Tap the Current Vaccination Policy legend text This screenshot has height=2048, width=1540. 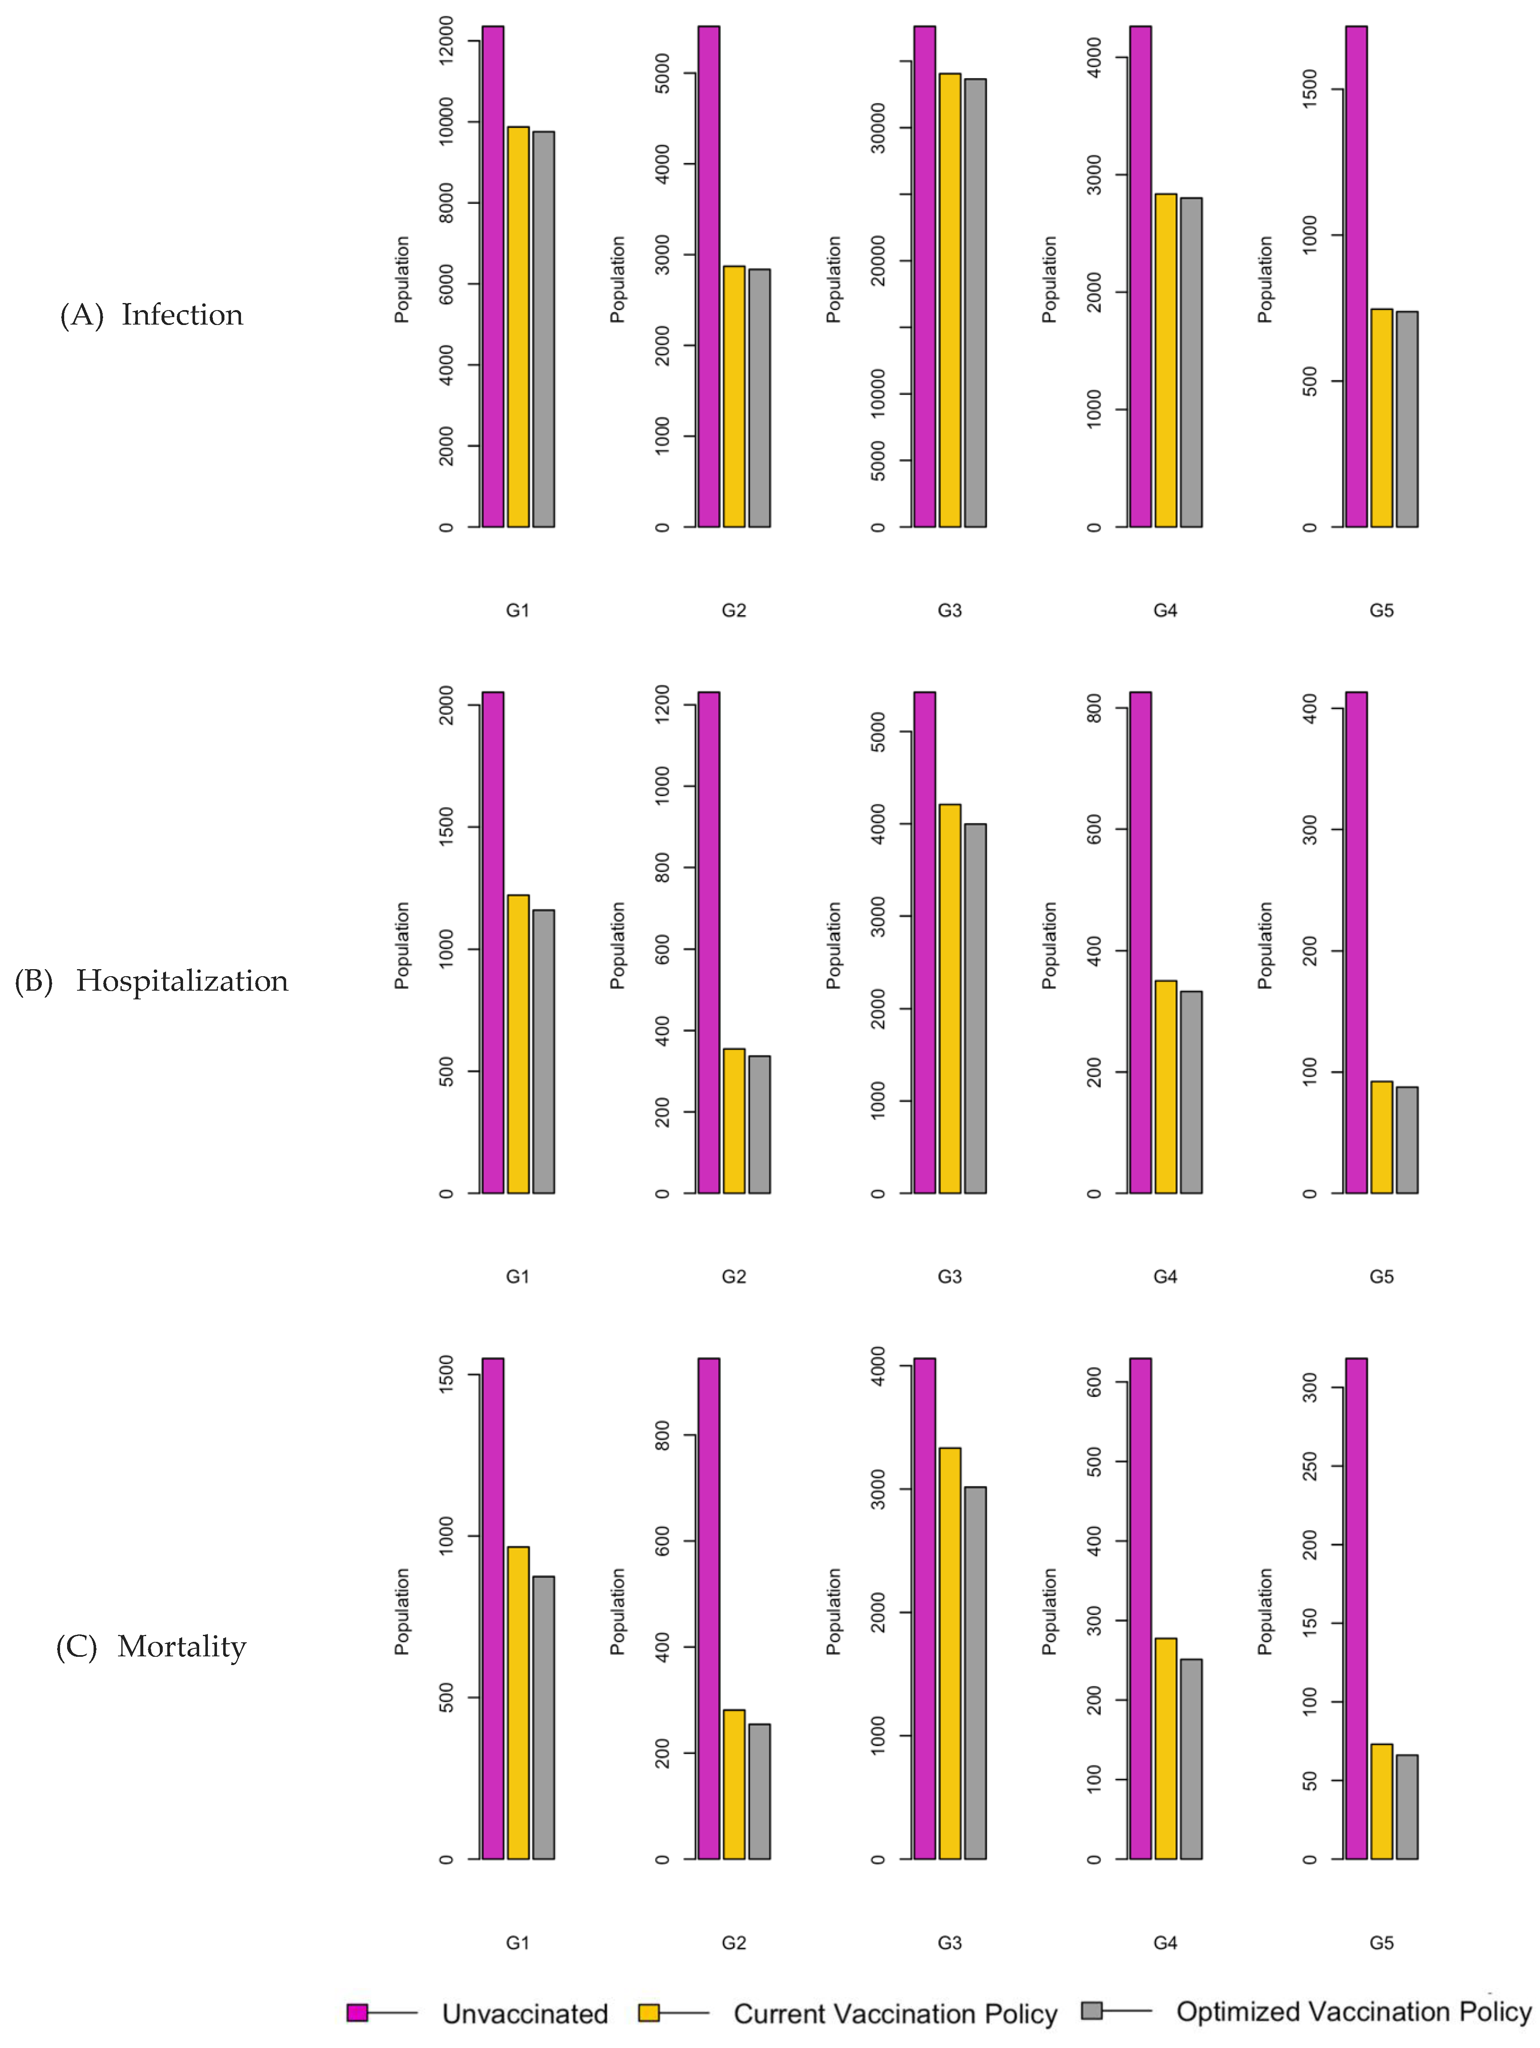(x=894, y=2014)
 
